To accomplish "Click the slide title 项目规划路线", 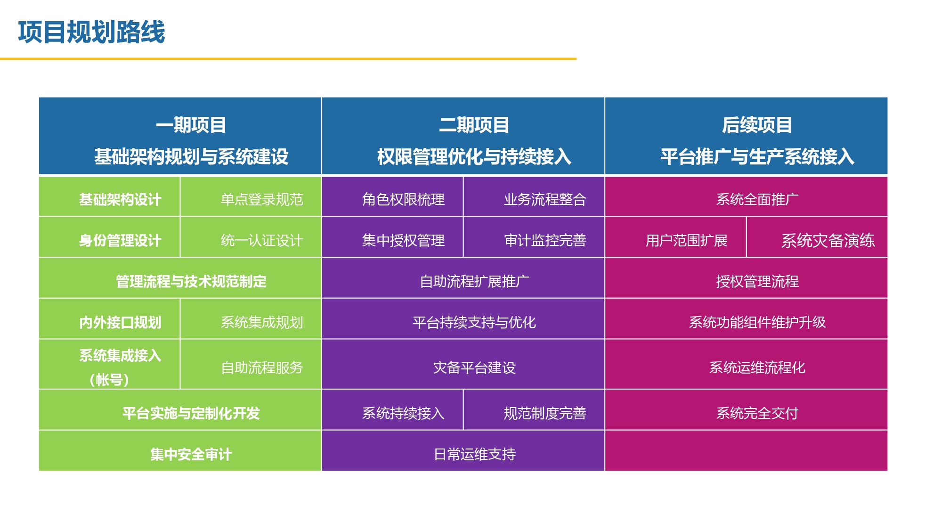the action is tap(91, 32).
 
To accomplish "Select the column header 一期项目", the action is tap(191, 125).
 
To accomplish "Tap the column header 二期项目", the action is tap(474, 125).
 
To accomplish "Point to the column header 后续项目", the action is tap(757, 125).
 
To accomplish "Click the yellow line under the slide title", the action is tap(288, 59).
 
